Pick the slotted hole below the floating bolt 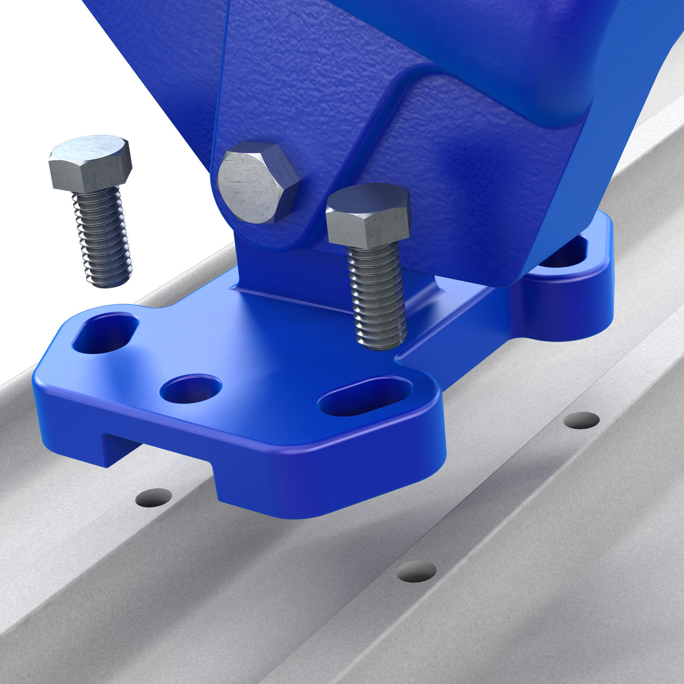click(105, 334)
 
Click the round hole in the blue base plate click(191, 389)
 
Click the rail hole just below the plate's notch click(154, 497)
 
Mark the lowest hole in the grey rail click(416, 571)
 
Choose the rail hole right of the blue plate click(581, 420)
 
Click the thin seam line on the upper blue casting click(221, 85)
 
